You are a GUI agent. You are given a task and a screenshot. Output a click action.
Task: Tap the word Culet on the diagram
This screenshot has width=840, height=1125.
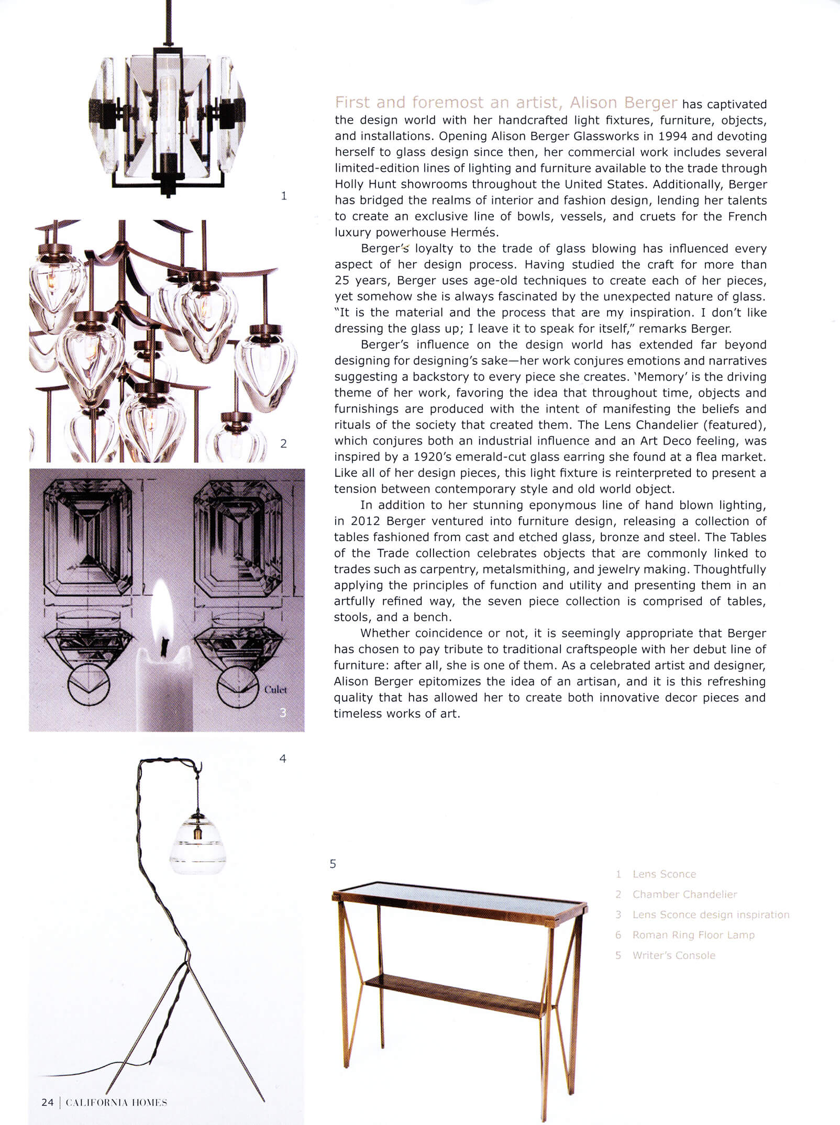click(x=275, y=689)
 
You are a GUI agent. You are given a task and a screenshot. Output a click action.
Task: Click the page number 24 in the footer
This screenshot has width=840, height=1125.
click(x=48, y=1102)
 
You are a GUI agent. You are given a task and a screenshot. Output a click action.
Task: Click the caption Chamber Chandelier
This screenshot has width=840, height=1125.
click(x=684, y=895)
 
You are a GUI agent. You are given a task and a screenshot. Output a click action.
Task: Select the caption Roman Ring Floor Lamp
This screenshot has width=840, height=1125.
click(x=693, y=935)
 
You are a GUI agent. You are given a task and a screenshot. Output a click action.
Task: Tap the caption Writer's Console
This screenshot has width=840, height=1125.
click(x=673, y=955)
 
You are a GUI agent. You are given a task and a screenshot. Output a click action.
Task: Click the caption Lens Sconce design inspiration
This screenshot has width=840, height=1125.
click(x=711, y=915)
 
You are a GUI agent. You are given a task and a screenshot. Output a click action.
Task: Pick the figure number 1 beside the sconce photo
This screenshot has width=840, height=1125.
click(x=284, y=196)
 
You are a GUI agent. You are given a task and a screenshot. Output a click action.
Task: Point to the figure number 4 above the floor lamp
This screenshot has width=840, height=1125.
click(x=283, y=759)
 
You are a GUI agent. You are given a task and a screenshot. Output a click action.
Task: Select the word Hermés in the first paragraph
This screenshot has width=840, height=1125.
click(x=475, y=232)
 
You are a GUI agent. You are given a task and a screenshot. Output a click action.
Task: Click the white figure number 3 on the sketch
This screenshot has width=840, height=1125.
click(x=283, y=712)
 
